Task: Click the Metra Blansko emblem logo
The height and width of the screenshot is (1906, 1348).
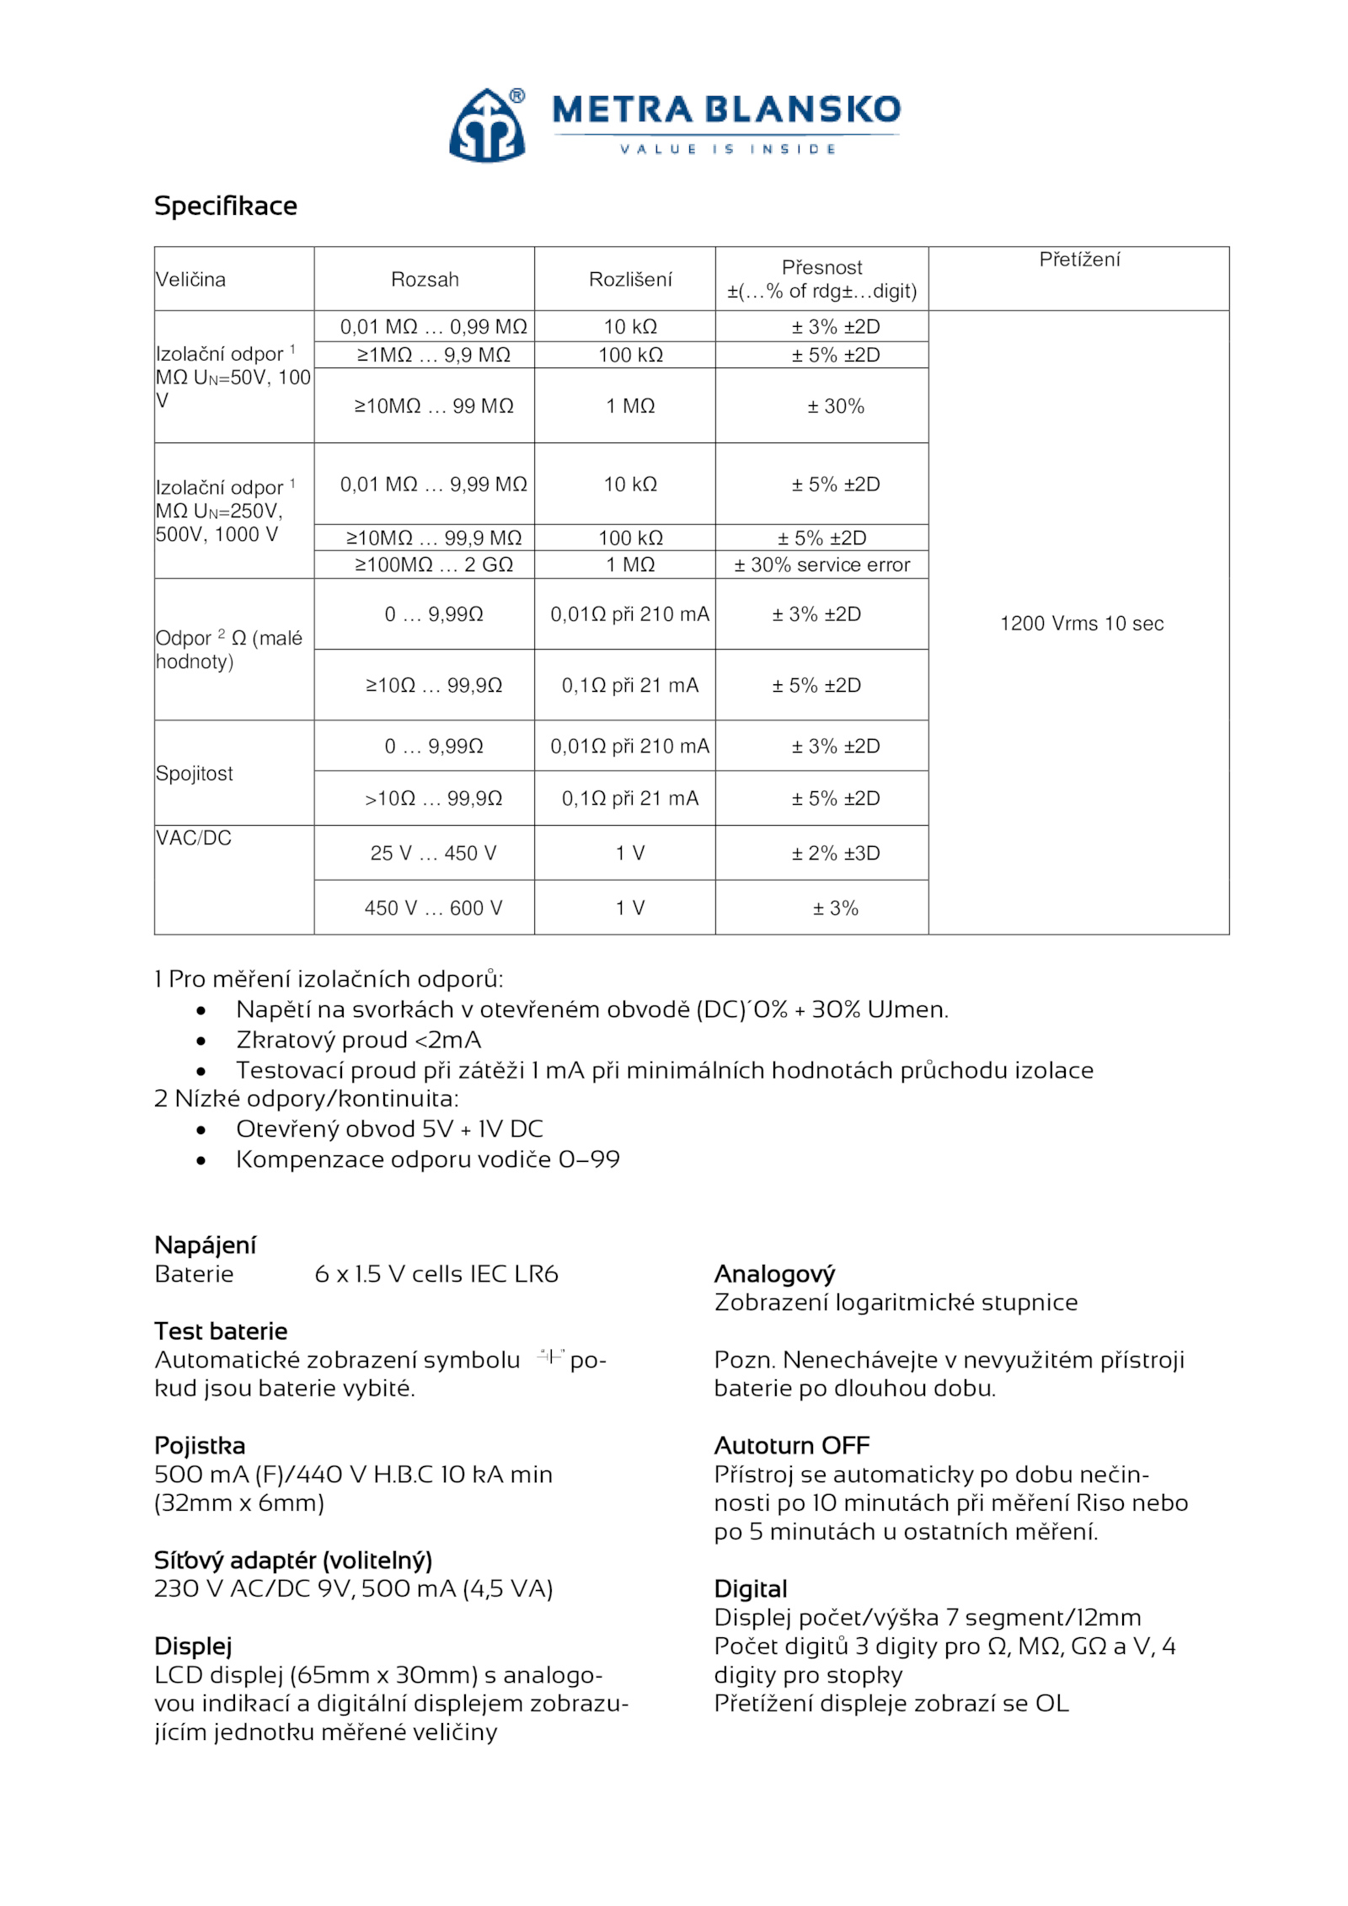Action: click(486, 125)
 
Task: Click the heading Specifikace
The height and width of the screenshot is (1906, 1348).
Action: click(225, 206)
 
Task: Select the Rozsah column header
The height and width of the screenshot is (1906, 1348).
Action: click(424, 280)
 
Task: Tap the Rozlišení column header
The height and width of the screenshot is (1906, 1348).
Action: click(630, 280)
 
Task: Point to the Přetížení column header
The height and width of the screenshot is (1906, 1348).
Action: click(1078, 260)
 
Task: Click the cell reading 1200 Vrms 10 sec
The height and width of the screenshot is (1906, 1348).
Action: click(1081, 624)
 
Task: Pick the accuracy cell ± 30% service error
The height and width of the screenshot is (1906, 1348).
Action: click(821, 565)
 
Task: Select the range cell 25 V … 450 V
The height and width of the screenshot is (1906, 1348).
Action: click(433, 853)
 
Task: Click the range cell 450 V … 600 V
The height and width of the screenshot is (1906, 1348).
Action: click(433, 907)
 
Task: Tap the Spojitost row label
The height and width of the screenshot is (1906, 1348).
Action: click(194, 774)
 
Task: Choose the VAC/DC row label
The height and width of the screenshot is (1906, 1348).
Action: click(193, 838)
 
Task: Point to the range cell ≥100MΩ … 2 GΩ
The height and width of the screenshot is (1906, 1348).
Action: click(433, 565)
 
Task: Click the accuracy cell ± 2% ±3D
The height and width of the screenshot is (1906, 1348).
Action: click(835, 853)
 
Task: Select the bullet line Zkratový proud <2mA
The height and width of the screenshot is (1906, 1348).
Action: click(358, 1040)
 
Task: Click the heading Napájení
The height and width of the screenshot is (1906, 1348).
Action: click(205, 1245)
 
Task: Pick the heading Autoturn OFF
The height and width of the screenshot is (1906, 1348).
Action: click(791, 1445)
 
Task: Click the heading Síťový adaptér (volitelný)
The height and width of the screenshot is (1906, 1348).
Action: click(292, 1560)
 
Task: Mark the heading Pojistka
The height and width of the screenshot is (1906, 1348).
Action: click(199, 1445)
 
